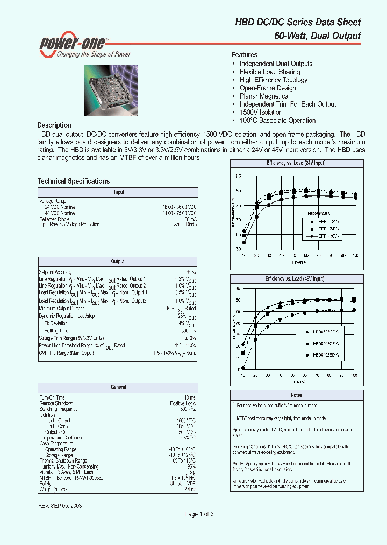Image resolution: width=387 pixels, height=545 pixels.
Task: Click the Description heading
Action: coord(54,125)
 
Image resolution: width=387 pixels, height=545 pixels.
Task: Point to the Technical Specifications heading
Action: coord(73,181)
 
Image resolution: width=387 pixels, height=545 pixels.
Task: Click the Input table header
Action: coord(118,192)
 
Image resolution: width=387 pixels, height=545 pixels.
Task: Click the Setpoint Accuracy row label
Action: coord(55,272)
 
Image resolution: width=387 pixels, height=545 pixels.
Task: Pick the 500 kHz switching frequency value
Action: coord(188,409)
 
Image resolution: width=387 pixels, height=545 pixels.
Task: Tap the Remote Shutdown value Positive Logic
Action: coord(183,403)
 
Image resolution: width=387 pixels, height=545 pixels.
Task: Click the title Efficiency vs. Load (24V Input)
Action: coord(296,163)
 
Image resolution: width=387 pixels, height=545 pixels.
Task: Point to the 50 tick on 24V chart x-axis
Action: coord(293,255)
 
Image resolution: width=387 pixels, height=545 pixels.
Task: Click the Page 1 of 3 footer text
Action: coord(199,514)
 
